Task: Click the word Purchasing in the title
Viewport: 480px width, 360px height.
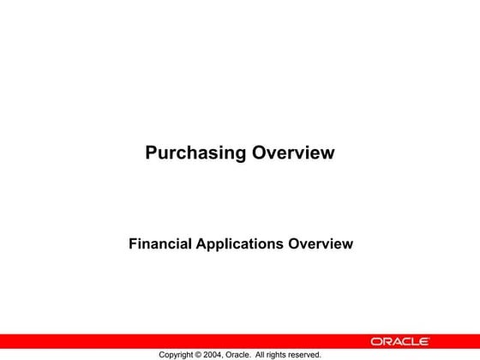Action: coord(195,153)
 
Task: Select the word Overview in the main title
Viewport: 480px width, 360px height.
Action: coord(292,153)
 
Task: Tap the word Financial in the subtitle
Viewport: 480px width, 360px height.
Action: coord(160,243)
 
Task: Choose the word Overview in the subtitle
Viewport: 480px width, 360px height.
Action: coord(321,243)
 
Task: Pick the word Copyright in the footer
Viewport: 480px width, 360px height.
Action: coord(177,354)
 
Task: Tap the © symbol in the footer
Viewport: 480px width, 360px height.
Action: coord(202,354)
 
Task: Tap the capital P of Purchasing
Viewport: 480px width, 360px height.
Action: coord(151,153)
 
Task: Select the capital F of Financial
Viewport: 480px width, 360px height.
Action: coord(133,243)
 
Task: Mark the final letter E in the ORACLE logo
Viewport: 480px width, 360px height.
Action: coord(448,341)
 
